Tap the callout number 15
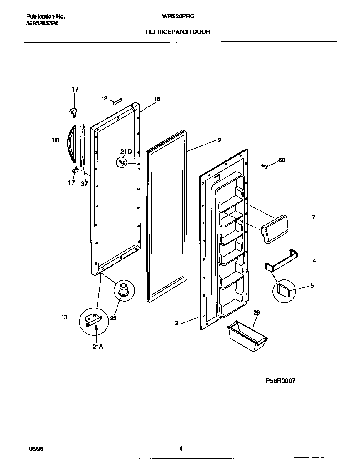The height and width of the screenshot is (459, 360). pyautogui.click(x=157, y=99)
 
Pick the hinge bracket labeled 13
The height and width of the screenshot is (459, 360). pyautogui.click(x=93, y=319)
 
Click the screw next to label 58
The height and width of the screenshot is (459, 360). pyautogui.click(x=264, y=166)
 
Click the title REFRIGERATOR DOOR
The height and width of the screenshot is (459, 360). pyautogui.click(x=177, y=32)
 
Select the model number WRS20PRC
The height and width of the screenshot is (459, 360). pyautogui.click(x=179, y=17)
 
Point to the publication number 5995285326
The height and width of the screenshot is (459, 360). pyautogui.click(x=42, y=24)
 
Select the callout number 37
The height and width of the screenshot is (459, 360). pyautogui.click(x=85, y=183)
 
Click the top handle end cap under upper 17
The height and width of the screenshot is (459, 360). pyautogui.click(x=73, y=110)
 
